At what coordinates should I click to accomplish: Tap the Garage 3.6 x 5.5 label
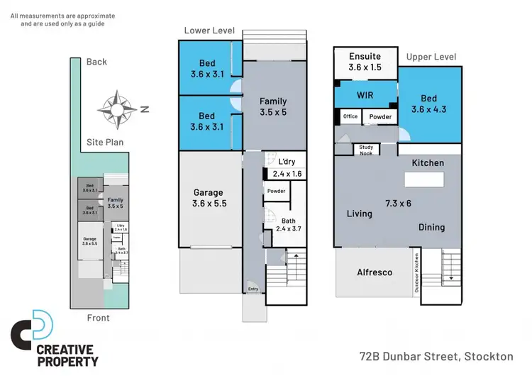208,198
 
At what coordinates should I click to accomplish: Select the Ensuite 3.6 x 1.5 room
365,62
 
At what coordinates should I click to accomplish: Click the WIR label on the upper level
365,94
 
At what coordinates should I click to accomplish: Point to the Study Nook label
367,150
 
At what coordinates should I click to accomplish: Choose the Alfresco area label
375,272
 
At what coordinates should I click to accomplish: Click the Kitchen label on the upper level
428,163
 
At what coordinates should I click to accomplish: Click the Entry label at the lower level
253,289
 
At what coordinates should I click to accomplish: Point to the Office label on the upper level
350,116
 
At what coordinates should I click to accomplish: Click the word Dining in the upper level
431,228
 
